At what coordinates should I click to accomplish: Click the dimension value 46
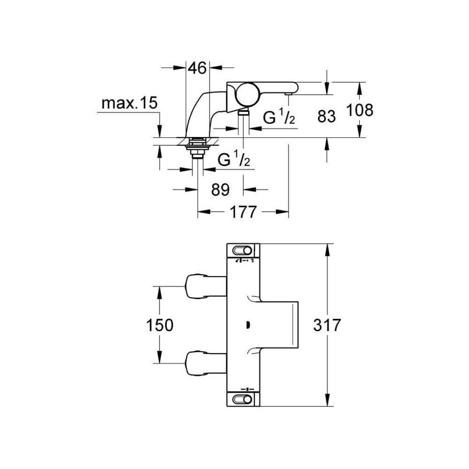[x=197, y=68]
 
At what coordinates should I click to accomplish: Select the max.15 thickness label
[x=130, y=103]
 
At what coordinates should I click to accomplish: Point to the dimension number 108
[x=360, y=110]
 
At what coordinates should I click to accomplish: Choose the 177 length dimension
[x=242, y=212]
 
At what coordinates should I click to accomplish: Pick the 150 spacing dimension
[x=160, y=325]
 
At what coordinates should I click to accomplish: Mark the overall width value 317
[x=326, y=325]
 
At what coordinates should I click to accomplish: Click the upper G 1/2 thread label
[x=279, y=117]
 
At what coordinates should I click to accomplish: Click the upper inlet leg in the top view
[x=205, y=287]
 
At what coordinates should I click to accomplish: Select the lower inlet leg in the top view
[x=205, y=363]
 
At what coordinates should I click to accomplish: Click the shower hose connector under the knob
[x=243, y=112]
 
